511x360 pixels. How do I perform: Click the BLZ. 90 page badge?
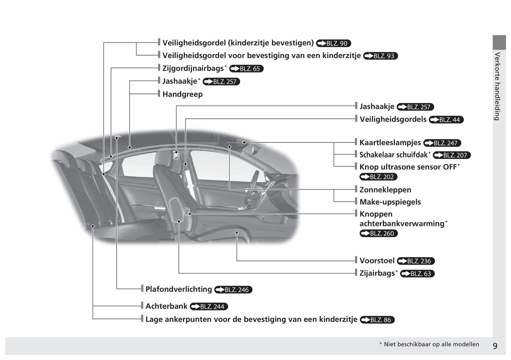coord(333,43)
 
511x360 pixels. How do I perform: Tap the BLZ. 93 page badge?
coord(380,56)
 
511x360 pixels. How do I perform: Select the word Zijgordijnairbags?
coord(193,68)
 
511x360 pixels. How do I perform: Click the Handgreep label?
coord(182,94)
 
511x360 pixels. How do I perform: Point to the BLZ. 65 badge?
coord(246,69)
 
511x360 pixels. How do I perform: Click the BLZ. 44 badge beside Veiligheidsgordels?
coord(446,120)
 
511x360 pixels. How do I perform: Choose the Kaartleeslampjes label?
coord(390,142)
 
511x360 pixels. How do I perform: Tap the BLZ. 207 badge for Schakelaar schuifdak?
coord(452,155)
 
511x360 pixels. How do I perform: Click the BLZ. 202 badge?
coord(378,177)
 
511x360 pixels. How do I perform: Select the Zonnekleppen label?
coord(385,190)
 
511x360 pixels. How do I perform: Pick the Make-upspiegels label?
coord(390,202)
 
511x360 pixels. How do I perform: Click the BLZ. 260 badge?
coord(378,234)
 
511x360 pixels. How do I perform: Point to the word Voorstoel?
coord(377,261)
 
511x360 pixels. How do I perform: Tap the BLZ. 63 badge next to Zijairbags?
coord(417,274)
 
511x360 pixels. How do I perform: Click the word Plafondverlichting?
coord(179,289)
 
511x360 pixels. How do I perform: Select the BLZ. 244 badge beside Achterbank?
coord(209,307)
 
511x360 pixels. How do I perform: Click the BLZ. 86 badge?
coord(377,320)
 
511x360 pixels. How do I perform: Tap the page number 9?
coord(495,346)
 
